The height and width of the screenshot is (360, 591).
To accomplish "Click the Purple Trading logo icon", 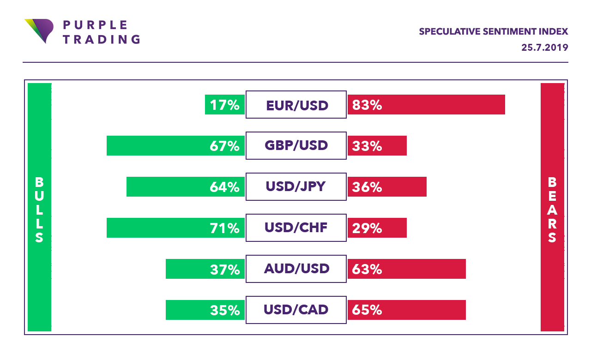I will (x=38, y=30).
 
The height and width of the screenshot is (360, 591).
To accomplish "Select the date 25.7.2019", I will (x=544, y=48).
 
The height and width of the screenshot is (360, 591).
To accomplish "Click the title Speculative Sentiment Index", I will (x=493, y=31).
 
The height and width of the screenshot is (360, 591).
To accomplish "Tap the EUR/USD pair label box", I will (x=296, y=105).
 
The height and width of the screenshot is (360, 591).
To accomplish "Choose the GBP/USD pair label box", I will (x=296, y=146).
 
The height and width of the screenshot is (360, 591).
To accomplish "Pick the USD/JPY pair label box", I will (x=296, y=187).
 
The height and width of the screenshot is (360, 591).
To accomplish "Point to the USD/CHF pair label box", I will (x=296, y=228).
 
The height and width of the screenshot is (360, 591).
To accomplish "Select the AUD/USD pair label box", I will (x=296, y=269).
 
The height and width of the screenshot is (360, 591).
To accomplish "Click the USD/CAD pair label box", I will (x=296, y=310).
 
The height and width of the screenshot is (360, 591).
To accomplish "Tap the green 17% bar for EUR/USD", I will (x=224, y=105).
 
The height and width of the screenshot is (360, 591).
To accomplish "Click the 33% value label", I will (x=367, y=146).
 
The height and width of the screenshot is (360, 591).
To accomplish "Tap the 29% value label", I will (x=367, y=228).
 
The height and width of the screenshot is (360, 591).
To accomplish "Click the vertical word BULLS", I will (x=39, y=210).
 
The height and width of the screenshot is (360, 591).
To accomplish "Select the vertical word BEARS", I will (x=552, y=210).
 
